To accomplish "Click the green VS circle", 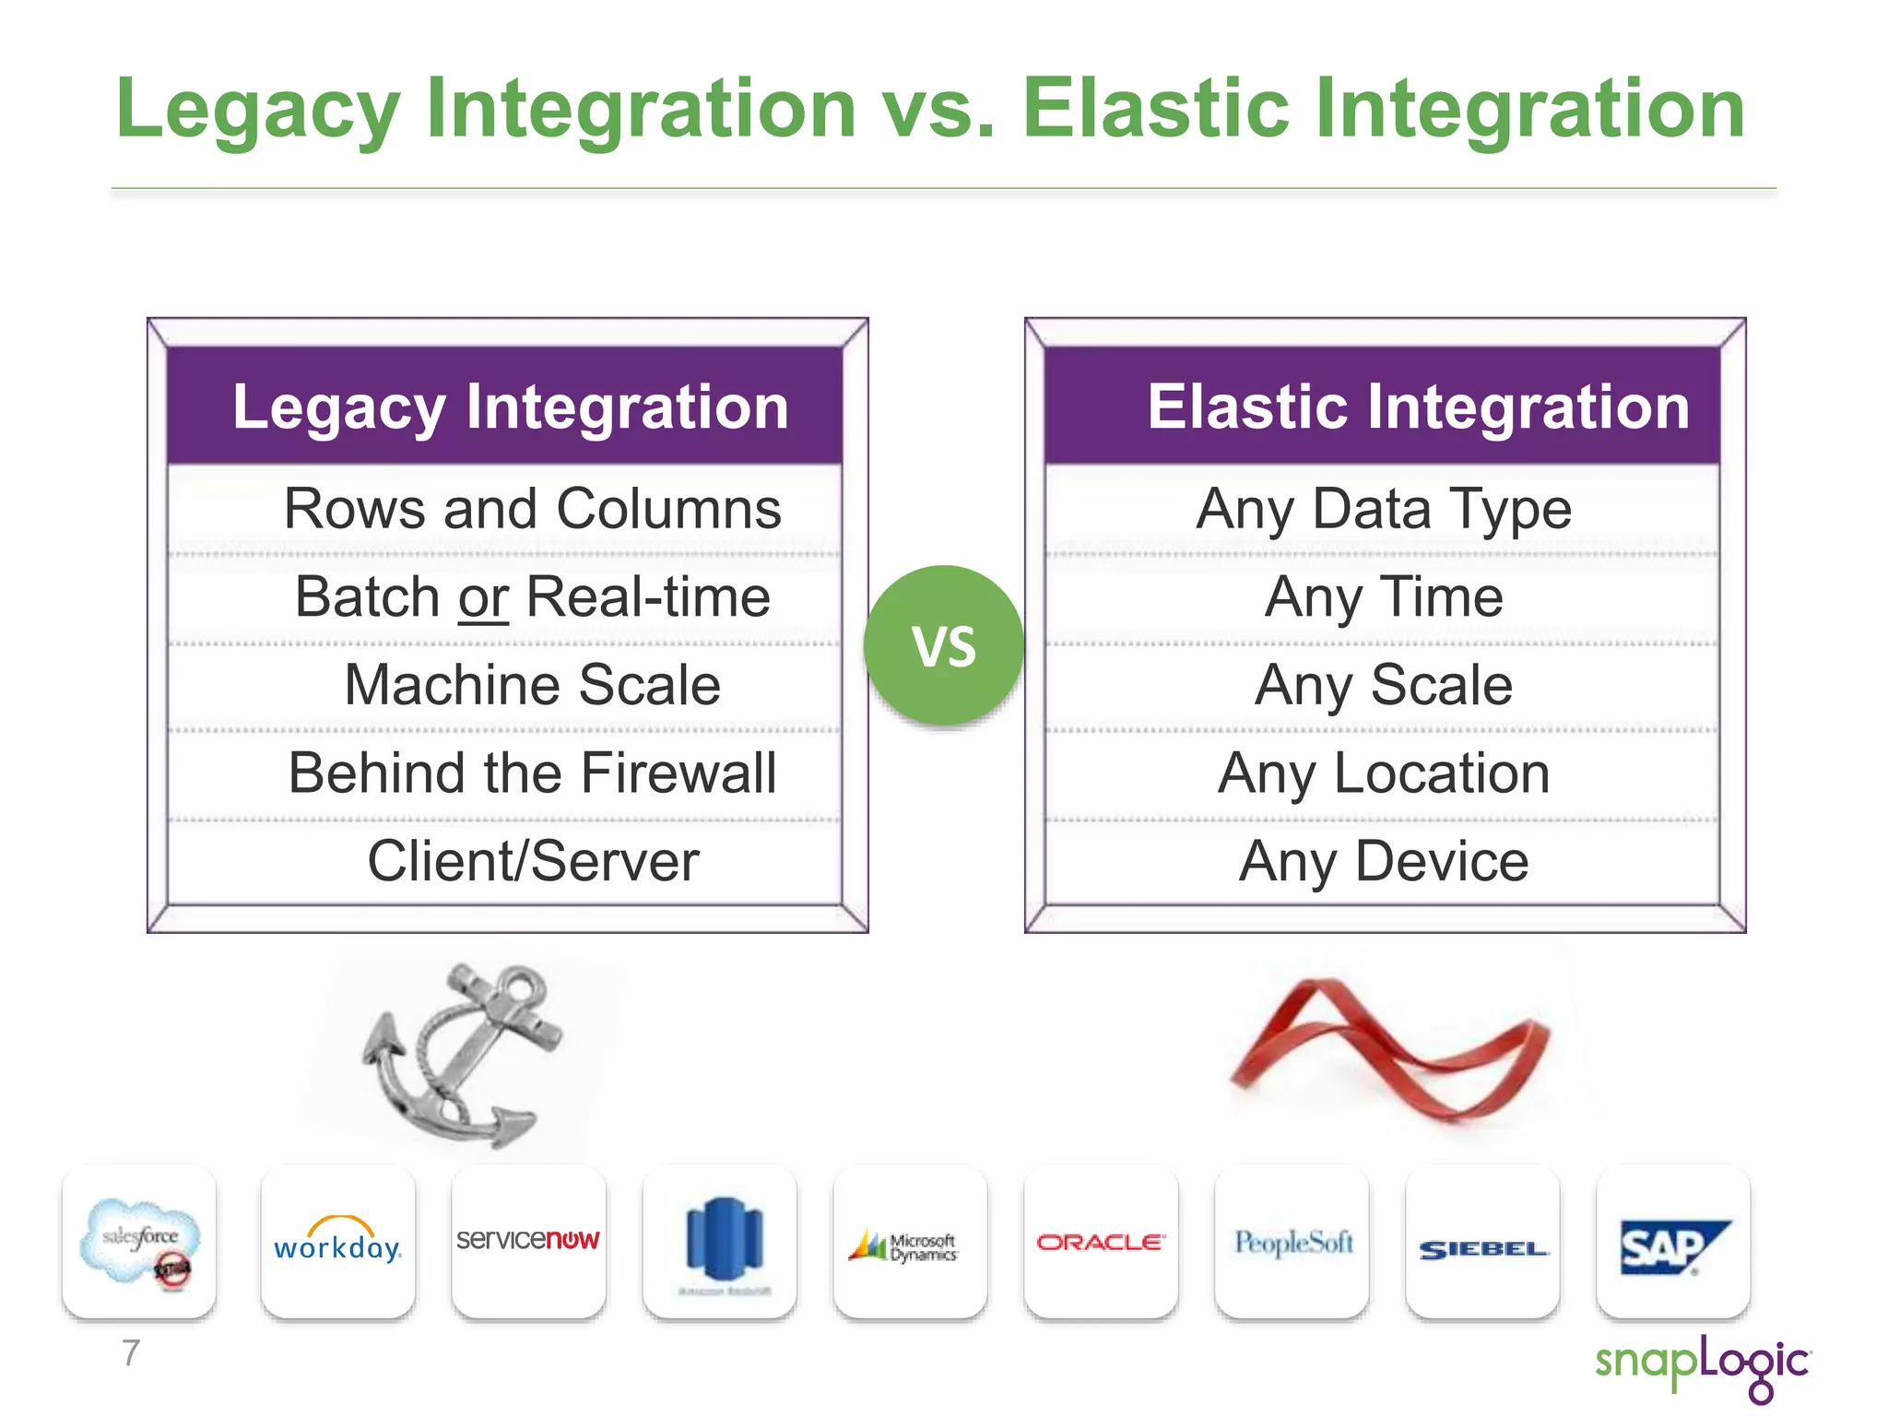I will (943, 645).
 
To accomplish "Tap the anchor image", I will (461, 1056).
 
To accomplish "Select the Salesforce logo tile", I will (139, 1242).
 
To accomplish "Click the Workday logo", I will (337, 1242).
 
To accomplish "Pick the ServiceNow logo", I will (528, 1240).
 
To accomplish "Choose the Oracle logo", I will (1101, 1242).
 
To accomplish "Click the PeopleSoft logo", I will (1292, 1242).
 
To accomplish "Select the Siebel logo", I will (1482, 1249).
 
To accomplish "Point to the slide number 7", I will (131, 1353).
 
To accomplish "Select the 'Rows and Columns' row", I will (532, 509).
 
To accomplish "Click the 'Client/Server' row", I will (532, 861).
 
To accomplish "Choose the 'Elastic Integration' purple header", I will (1383, 407).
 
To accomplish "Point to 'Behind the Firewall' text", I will (532, 773).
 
